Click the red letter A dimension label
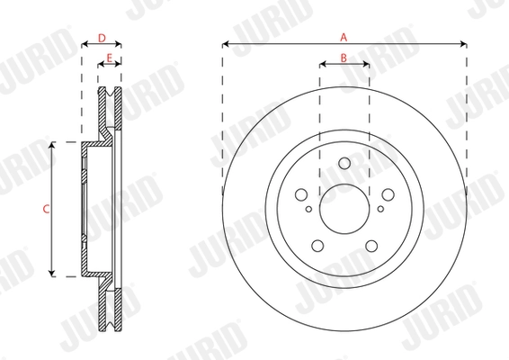[344, 37]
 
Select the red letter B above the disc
[344, 58]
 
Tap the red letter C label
[45, 209]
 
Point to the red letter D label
[102, 38]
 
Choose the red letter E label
[110, 58]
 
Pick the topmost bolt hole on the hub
[344, 163]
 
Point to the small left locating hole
[308, 209]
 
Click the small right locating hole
[379, 209]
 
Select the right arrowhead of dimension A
[463, 43]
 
